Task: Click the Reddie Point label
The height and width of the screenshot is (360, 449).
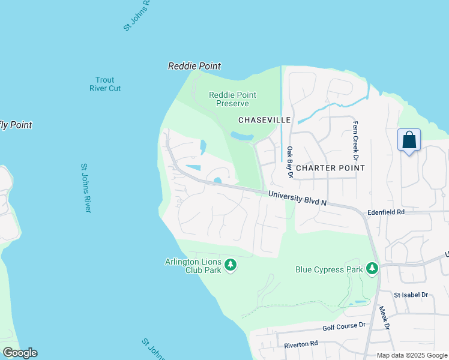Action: click(194, 66)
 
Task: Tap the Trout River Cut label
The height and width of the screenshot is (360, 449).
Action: click(104, 84)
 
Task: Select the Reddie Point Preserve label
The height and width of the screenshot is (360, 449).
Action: click(232, 99)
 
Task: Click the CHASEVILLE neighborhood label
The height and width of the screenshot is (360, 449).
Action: click(265, 120)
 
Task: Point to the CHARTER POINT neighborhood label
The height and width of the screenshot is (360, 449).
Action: click(330, 168)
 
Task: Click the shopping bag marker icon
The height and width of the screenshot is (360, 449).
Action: click(409, 140)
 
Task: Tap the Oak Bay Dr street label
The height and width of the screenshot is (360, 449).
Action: click(289, 162)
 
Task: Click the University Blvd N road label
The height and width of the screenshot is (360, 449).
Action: click(297, 199)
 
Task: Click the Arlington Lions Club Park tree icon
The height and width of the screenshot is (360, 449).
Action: click(230, 265)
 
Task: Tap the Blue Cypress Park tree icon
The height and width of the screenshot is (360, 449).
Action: click(372, 269)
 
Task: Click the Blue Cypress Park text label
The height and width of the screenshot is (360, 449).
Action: click(329, 269)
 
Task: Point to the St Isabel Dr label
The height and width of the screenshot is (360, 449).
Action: click(411, 295)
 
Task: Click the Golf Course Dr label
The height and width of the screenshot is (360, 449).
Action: click(343, 326)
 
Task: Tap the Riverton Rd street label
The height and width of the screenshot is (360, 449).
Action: click(301, 344)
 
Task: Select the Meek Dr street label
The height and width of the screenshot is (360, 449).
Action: click(384, 318)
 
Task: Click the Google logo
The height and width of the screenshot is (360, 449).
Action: click(20, 353)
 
